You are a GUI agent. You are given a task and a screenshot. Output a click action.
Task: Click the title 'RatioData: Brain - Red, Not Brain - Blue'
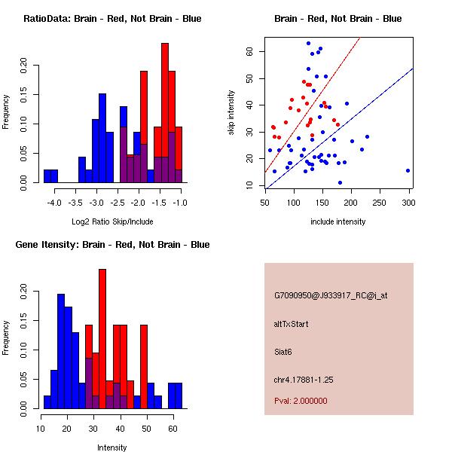tap(111, 19)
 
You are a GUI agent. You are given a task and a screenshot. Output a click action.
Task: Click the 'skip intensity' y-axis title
tap(233, 111)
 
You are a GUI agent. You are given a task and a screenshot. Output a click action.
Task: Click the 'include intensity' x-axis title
tap(337, 221)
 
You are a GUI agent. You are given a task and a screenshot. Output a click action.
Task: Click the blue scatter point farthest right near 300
tap(408, 170)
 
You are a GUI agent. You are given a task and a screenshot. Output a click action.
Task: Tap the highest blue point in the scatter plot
tap(308, 43)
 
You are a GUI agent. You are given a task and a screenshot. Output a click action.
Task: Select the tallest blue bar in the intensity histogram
tap(61, 350)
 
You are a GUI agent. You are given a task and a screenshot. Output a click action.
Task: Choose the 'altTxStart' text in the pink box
tap(292, 324)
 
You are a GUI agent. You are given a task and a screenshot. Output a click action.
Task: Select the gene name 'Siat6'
tap(283, 351)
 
